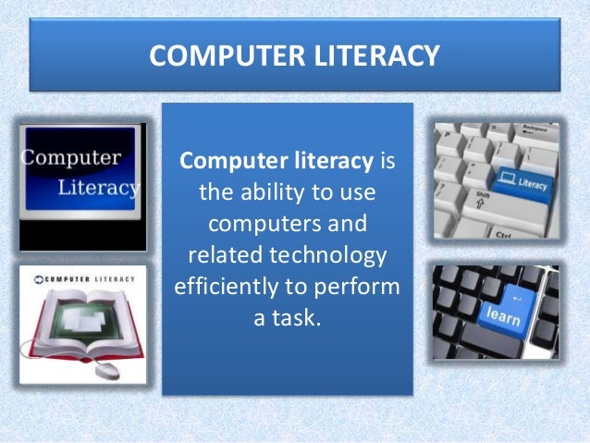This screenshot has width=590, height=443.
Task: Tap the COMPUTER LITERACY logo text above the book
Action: [x=81, y=277]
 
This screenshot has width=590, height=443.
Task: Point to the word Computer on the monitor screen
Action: [x=70, y=157]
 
